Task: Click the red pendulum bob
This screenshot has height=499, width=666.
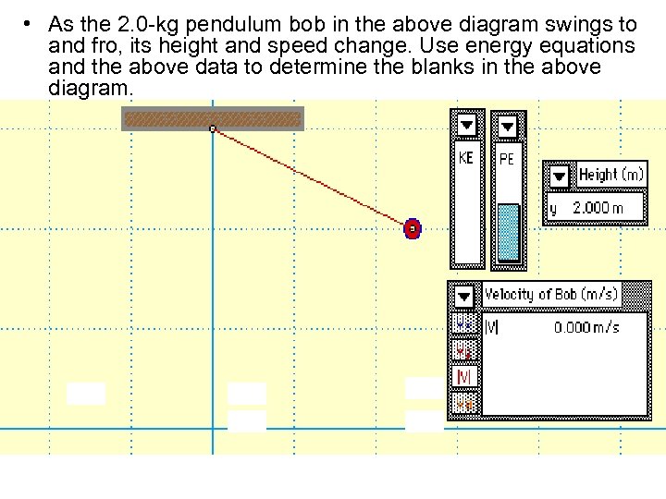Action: tap(413, 228)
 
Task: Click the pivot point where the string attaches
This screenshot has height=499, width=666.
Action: tap(213, 128)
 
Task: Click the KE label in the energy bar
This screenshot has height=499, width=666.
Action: tap(466, 158)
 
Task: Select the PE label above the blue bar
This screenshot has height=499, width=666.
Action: tap(507, 159)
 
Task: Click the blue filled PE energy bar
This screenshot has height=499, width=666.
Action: tap(508, 233)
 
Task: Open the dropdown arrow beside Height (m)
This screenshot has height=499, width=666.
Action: tap(560, 176)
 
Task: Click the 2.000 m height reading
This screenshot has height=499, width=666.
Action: tap(598, 208)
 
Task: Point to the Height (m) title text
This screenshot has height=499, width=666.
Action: tap(610, 175)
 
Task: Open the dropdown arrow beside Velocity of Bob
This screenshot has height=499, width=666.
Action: tap(465, 296)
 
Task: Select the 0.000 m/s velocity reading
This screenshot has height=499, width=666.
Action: tap(586, 327)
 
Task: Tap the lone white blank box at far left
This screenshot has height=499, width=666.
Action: tap(86, 394)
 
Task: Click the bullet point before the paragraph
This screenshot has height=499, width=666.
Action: tap(31, 23)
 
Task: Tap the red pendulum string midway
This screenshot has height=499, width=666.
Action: tap(313, 178)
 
